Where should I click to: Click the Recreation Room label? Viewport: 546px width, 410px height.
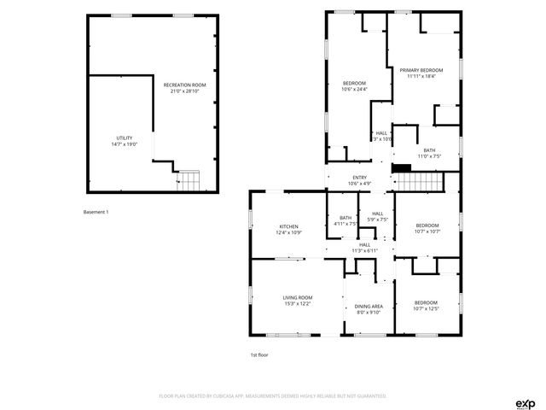click(x=185, y=85)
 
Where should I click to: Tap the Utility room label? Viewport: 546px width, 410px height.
click(x=125, y=138)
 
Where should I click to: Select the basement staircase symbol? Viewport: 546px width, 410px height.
click(x=189, y=180)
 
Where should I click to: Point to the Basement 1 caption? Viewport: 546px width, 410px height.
click(x=96, y=212)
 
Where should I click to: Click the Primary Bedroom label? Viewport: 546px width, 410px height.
click(x=424, y=70)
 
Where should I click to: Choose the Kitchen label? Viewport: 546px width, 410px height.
click(x=288, y=226)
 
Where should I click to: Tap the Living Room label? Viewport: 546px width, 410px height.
click(x=298, y=297)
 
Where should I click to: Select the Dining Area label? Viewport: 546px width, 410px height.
click(x=369, y=306)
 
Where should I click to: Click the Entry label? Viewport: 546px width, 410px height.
click(x=359, y=178)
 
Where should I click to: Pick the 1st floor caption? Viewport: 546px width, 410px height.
click(x=259, y=354)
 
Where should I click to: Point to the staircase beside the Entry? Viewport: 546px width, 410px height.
click(x=421, y=180)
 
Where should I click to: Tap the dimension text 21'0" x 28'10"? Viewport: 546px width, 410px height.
click(x=185, y=91)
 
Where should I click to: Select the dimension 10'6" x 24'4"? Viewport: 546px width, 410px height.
click(x=354, y=89)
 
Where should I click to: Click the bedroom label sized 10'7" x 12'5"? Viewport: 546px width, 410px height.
click(x=426, y=303)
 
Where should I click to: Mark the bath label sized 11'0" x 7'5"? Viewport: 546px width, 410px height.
click(x=429, y=150)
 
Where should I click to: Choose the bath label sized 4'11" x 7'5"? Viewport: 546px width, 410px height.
click(x=346, y=218)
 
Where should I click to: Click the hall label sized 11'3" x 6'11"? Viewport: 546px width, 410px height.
click(x=364, y=244)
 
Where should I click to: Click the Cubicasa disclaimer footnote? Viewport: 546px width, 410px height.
click(x=273, y=396)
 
